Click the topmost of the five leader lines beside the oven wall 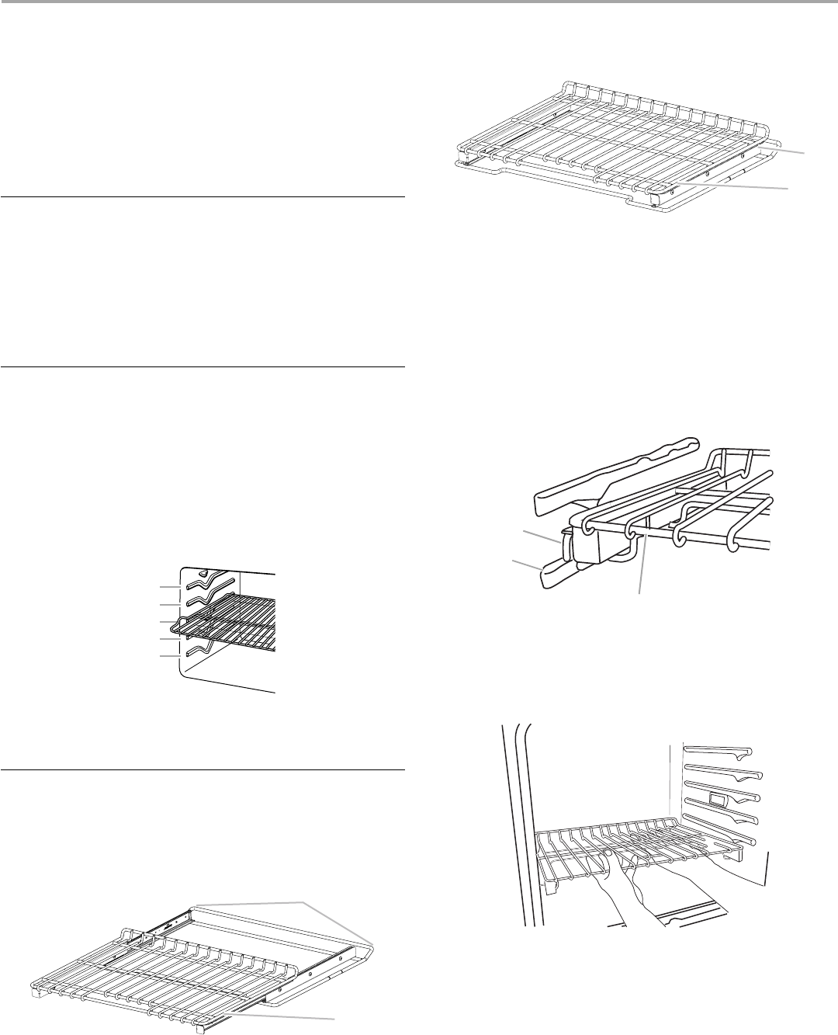point(171,585)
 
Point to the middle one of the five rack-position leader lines point(171,621)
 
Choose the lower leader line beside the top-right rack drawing point(745,187)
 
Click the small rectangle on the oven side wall point(718,800)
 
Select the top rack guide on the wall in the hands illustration point(718,752)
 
